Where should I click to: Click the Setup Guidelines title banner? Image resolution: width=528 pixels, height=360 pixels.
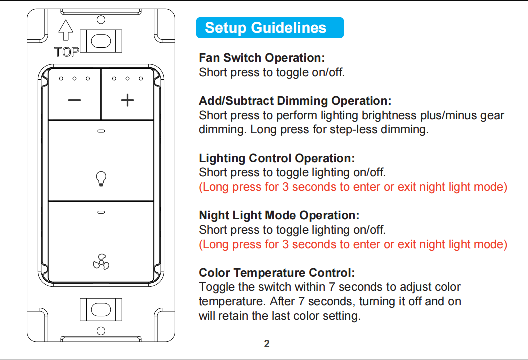pyautogui.click(x=270, y=28)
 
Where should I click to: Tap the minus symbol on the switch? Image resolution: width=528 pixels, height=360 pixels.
pyautogui.click(x=74, y=100)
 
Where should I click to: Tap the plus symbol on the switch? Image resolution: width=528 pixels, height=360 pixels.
pyautogui.click(x=127, y=100)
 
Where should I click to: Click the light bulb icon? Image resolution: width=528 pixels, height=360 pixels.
pyautogui.click(x=101, y=179)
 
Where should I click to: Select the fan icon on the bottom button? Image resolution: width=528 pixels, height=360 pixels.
pyautogui.click(x=101, y=262)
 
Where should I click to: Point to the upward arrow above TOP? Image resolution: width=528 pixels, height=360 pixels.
pyautogui.click(x=65, y=30)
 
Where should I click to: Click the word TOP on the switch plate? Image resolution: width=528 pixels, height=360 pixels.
pyautogui.click(x=66, y=52)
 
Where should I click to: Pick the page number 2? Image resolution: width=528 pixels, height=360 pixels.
pyautogui.click(x=267, y=344)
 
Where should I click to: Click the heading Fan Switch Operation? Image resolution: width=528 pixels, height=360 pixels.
pyautogui.click(x=262, y=58)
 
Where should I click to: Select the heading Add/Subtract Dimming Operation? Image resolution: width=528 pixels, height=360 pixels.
pyautogui.click(x=295, y=101)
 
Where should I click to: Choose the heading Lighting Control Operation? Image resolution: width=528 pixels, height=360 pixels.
pyautogui.click(x=277, y=158)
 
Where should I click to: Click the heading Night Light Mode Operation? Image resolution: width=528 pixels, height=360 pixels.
pyautogui.click(x=279, y=215)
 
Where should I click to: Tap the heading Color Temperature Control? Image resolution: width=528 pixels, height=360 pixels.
pyautogui.click(x=277, y=273)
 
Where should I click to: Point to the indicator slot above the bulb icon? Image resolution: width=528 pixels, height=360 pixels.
pyautogui.click(x=101, y=131)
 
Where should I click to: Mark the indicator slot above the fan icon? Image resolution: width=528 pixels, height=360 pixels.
pyautogui.click(x=101, y=212)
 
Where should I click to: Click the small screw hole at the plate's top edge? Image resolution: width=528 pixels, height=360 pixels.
pyautogui.click(x=101, y=20)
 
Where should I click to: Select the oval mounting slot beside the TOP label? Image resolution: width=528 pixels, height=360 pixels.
pyautogui.click(x=101, y=41)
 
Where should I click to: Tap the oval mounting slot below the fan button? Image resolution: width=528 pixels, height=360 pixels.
pyautogui.click(x=101, y=309)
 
